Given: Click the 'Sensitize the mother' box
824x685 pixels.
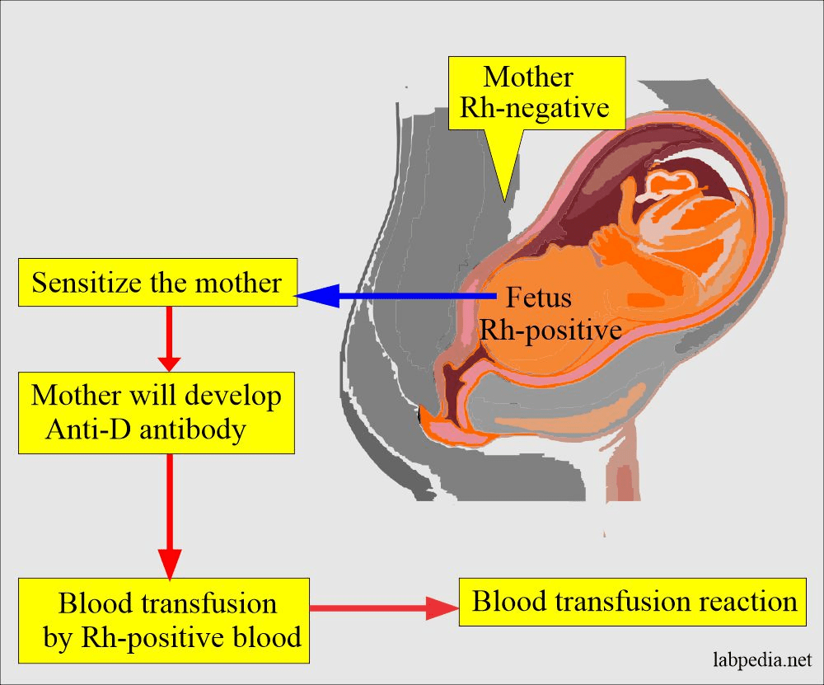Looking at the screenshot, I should [157, 284].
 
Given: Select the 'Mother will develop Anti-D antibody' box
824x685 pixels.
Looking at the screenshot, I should [157, 412].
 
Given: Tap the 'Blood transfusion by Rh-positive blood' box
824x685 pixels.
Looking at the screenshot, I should [164, 620].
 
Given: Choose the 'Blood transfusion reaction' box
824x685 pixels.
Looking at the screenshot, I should [634, 601].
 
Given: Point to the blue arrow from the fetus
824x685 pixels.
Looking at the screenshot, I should [396, 295].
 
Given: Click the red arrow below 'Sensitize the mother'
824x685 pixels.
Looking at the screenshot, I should [169, 338].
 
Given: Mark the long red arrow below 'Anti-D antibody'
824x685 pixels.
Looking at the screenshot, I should [169, 515].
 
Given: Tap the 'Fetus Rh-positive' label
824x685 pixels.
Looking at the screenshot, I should [550, 313].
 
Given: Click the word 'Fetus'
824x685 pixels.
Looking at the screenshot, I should [539, 296].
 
